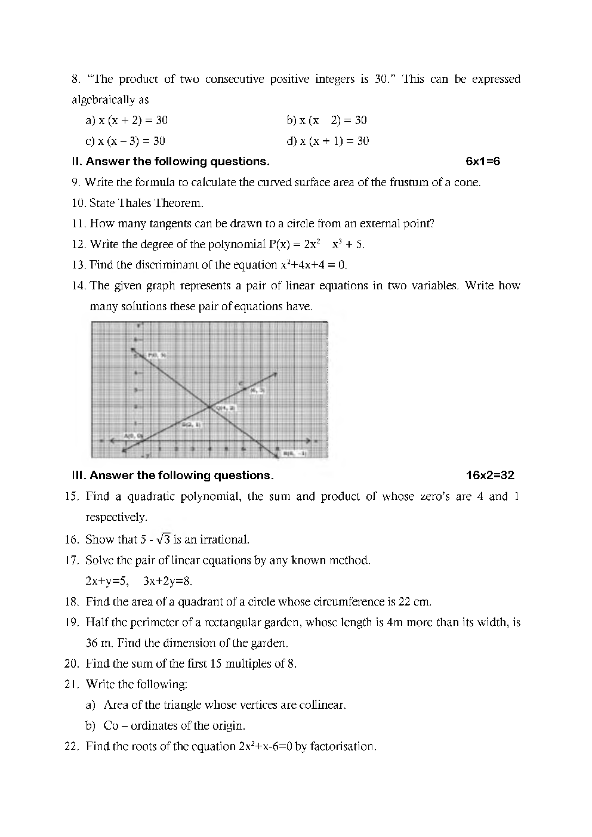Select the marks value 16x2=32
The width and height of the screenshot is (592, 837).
coord(489,475)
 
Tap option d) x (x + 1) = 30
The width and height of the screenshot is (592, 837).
coord(328,141)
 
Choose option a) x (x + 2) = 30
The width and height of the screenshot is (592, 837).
coord(127,121)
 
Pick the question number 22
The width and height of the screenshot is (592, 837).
coord(72,746)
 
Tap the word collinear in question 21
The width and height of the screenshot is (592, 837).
coord(322,705)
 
